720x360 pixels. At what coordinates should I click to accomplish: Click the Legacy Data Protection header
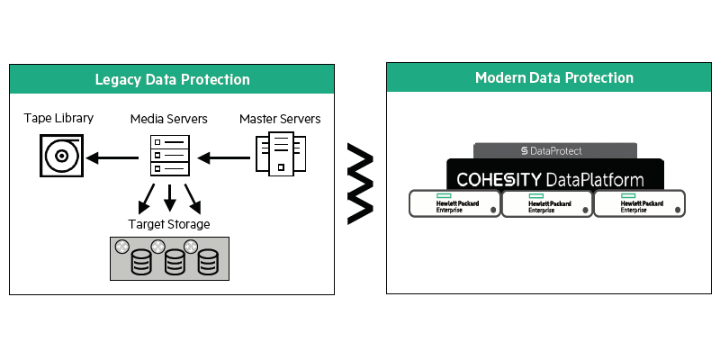pos(172,79)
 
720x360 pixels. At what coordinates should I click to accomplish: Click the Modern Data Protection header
pos(553,77)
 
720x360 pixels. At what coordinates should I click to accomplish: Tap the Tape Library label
pos(58,119)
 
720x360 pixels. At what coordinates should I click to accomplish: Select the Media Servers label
pos(169,119)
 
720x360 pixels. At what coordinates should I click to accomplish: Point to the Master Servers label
pos(280,119)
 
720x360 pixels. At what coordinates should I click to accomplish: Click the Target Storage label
pos(169,223)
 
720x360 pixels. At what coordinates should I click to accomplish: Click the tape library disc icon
pos(61,157)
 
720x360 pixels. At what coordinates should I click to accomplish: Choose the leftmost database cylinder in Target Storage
pos(140,263)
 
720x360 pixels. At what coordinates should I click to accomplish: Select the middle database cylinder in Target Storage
pos(175,263)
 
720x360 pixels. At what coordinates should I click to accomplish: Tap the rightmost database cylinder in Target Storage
pos(209,263)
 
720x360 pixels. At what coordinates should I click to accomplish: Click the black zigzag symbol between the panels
pos(360,185)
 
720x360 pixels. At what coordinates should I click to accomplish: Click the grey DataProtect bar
pos(554,150)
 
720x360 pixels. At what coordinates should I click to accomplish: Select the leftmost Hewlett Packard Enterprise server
pos(454,203)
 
